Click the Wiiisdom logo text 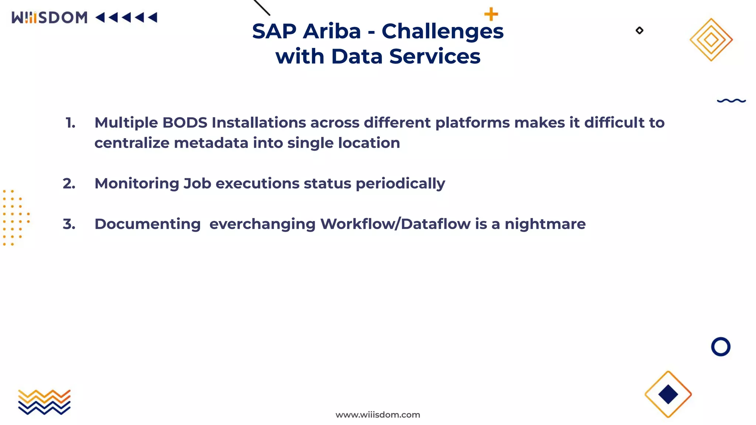tap(49, 17)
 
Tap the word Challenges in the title tap(442, 32)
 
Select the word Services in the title tap(434, 56)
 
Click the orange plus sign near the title tap(491, 14)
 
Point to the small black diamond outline tap(639, 31)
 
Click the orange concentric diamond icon tap(711, 39)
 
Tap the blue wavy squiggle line tap(731, 100)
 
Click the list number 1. tap(70, 123)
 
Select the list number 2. tap(69, 184)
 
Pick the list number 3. tap(69, 224)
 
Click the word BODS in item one tap(185, 123)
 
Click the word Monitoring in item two tap(137, 184)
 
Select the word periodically tap(400, 184)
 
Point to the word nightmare tap(545, 224)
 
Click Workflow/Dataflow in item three tap(395, 224)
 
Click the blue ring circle tap(720, 346)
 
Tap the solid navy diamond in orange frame tap(668, 394)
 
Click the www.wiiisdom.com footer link tap(378, 415)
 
